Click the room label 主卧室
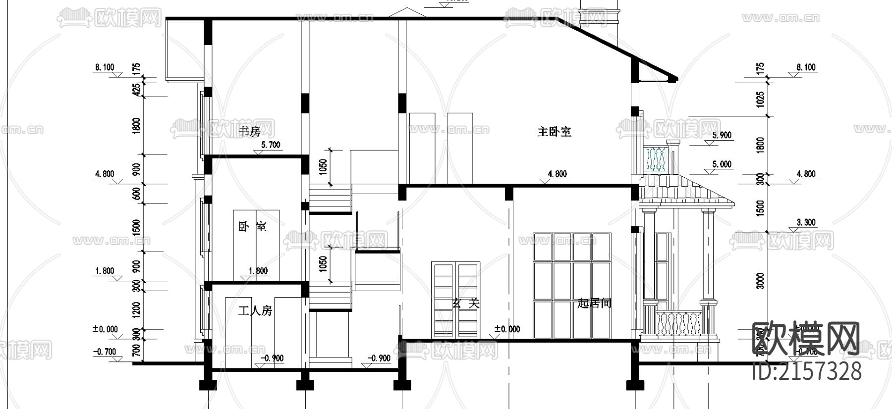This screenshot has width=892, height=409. (x=555, y=132)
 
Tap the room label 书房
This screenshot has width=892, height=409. (x=249, y=132)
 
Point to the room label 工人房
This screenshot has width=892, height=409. (x=255, y=311)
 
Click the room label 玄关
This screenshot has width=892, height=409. (x=466, y=303)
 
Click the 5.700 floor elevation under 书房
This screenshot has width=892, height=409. (x=271, y=145)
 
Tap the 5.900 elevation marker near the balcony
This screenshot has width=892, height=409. (x=722, y=135)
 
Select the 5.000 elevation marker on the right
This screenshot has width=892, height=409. (x=722, y=164)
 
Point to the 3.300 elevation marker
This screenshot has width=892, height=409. (x=806, y=223)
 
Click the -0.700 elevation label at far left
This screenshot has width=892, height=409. (x=104, y=353)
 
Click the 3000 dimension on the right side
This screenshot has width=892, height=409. (x=761, y=281)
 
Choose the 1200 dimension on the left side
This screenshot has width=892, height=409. (x=137, y=310)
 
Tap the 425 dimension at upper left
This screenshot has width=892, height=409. (x=137, y=89)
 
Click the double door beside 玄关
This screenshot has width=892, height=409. (x=455, y=301)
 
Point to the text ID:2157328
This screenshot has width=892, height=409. (x=807, y=371)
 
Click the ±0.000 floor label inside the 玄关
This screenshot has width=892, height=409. (x=507, y=329)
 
